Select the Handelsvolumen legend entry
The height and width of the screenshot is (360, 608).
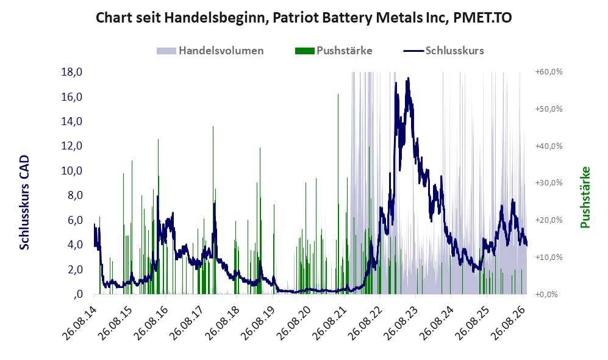(210, 51)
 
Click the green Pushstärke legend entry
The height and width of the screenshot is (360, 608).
(334, 51)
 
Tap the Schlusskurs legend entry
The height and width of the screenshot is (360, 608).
(443, 51)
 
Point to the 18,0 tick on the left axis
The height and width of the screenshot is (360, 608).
(72, 72)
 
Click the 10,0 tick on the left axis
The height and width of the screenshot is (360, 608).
(72, 171)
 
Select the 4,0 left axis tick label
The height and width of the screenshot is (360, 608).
(75, 245)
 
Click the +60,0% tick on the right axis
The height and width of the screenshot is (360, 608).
(549, 72)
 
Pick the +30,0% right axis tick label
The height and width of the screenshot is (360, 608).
(549, 182)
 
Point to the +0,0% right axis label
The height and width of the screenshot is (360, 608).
(547, 294)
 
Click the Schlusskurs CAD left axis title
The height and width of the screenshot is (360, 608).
(24, 202)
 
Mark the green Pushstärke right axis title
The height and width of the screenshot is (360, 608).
(585, 197)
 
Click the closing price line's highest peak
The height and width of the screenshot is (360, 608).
(408, 78)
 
